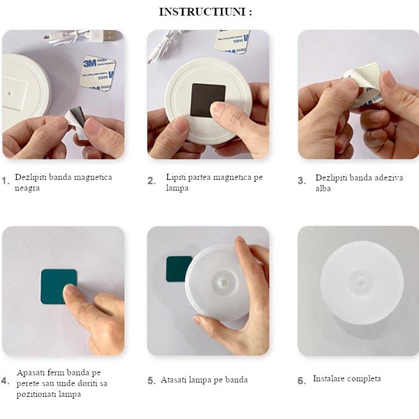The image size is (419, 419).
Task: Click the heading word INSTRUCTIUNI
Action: click(x=202, y=12)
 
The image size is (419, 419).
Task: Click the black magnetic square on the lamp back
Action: click(x=208, y=100)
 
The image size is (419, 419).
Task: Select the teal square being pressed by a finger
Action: click(x=59, y=287)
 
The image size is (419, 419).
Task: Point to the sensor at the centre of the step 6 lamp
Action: click(x=361, y=282)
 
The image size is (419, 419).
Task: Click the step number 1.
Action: click(x=5, y=181)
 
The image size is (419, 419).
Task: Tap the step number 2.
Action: click(x=152, y=181)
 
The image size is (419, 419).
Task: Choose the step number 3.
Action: click(x=302, y=181)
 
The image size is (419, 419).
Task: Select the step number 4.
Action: click(x=5, y=381)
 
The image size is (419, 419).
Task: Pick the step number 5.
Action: click(x=152, y=381)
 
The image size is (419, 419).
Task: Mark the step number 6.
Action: click(x=302, y=381)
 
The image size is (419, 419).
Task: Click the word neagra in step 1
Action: click(x=27, y=188)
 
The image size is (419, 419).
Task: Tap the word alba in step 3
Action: click(x=323, y=188)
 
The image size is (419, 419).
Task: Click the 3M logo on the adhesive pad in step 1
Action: click(x=90, y=63)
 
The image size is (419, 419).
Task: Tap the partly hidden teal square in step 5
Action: click(x=177, y=269)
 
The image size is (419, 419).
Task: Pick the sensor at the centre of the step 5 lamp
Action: click(x=224, y=282)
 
